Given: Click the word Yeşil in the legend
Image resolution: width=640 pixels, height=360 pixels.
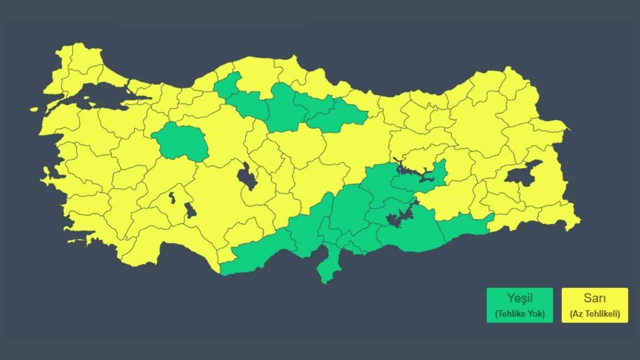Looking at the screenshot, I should (x=519, y=298).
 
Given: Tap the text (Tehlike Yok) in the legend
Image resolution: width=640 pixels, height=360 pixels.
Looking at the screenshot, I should (x=519, y=314).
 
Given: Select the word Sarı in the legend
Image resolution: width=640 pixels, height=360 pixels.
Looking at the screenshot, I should (x=594, y=298).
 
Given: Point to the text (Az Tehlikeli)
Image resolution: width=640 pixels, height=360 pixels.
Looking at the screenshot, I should (x=594, y=314).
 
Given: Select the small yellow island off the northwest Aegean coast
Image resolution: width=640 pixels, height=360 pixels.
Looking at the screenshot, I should (x=34, y=109).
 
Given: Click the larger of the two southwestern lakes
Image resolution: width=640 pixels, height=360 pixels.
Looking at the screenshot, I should (x=190, y=210).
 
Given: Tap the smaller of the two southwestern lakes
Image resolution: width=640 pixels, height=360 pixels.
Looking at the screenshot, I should (x=172, y=197).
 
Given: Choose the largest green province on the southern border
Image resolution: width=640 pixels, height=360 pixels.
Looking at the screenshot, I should (x=410, y=235).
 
